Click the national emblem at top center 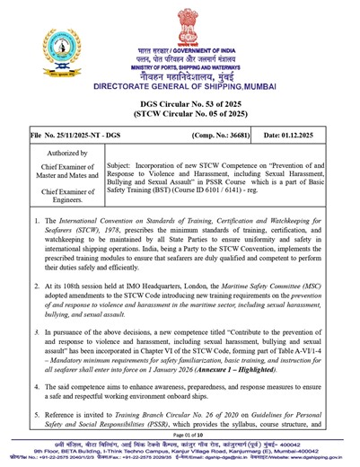click(x=180, y=27)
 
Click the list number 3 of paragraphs click(x=37, y=331)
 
